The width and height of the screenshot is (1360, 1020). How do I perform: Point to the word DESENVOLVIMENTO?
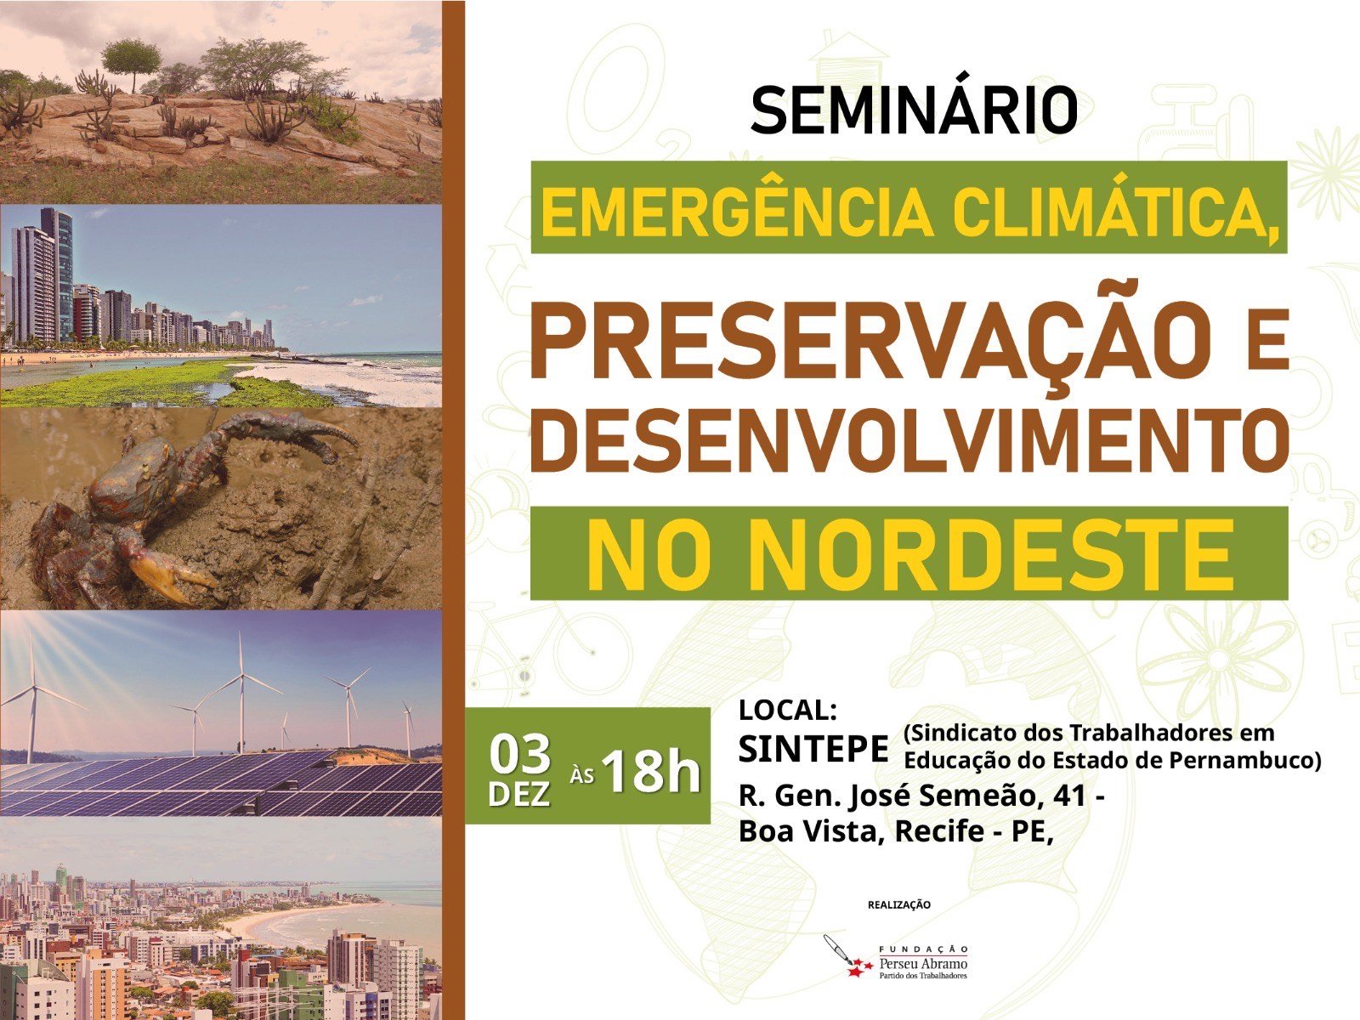click(908, 442)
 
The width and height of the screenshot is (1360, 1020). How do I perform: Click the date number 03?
click(520, 753)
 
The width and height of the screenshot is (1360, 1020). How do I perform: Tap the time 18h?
click(650, 770)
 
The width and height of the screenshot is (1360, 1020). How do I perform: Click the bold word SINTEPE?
click(813, 749)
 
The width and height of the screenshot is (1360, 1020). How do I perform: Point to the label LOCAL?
click(789, 710)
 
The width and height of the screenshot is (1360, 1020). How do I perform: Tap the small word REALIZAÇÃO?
click(898, 904)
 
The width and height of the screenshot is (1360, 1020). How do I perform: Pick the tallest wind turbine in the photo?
click(241, 688)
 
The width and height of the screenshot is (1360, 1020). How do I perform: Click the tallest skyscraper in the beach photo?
click(58, 272)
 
